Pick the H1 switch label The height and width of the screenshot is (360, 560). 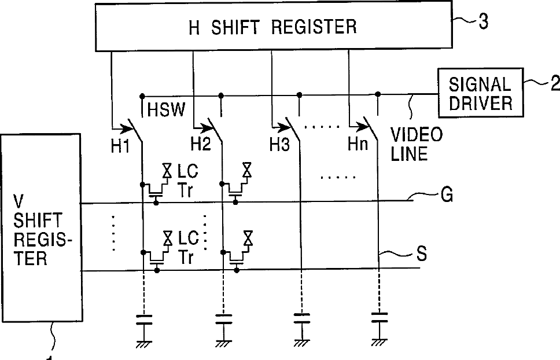coord(120,146)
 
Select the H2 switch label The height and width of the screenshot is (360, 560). coord(201,146)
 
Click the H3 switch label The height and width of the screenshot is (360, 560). coord(279,146)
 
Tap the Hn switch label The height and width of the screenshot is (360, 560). coord(358,145)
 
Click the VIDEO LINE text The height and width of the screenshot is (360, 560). coord(417,145)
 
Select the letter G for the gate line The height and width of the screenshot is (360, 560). coord(446,196)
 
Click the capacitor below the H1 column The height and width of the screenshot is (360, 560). coord(142,319)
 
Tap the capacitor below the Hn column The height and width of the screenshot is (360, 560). coord(379,319)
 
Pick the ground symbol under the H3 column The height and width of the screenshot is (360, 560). coord(300,343)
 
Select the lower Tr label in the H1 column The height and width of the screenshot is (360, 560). coord(186,258)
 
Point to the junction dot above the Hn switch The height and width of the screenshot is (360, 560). coord(378,94)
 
